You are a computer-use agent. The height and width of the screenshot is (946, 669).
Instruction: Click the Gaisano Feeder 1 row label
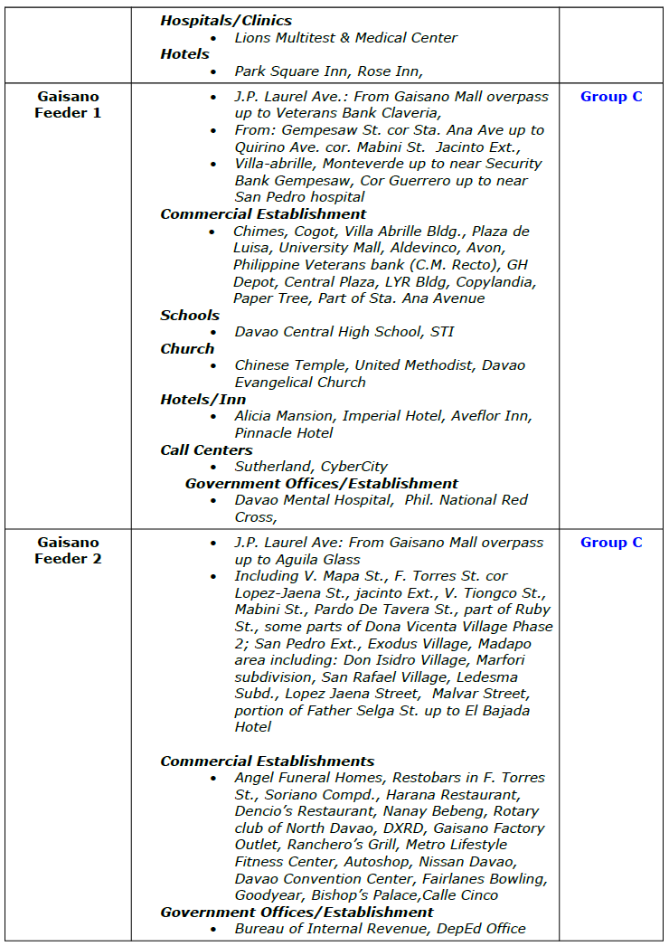[x=68, y=105]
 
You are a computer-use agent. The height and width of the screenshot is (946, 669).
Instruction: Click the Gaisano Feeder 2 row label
[x=68, y=551]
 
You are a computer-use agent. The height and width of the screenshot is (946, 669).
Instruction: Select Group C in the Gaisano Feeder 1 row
[x=611, y=97]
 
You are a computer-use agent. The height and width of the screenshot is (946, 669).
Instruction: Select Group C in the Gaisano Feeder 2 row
[x=611, y=543]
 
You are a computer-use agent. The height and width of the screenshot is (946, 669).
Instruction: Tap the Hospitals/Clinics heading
[x=226, y=20]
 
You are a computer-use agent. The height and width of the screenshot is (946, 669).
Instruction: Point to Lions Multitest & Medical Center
[x=346, y=38]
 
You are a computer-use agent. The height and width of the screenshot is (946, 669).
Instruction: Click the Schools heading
[x=190, y=316]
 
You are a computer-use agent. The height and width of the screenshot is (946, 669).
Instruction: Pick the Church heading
[x=187, y=349]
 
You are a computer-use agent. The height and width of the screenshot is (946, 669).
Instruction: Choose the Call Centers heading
[x=206, y=450]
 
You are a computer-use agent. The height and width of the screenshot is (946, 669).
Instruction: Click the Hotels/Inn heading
[x=203, y=400]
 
